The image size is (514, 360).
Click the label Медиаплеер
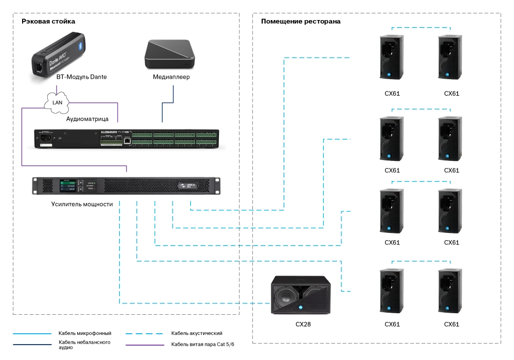[171, 77]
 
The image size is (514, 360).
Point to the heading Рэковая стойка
[48, 21]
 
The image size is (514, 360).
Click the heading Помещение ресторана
[301, 21]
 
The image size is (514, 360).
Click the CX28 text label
[302, 325]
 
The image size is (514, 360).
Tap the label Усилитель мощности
[82, 204]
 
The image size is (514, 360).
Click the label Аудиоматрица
[87, 119]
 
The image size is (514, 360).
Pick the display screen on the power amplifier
[68, 185]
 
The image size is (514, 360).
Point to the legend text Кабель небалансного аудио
[85, 345]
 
